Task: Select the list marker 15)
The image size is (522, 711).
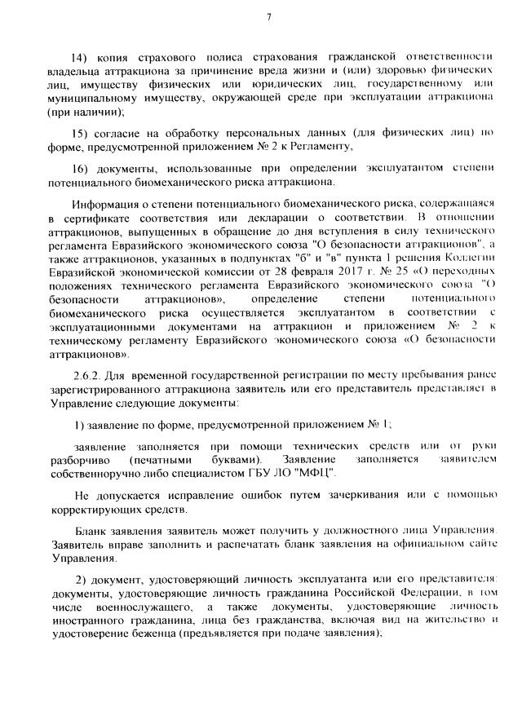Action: coord(81,132)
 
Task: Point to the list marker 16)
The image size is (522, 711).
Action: coord(81,167)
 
